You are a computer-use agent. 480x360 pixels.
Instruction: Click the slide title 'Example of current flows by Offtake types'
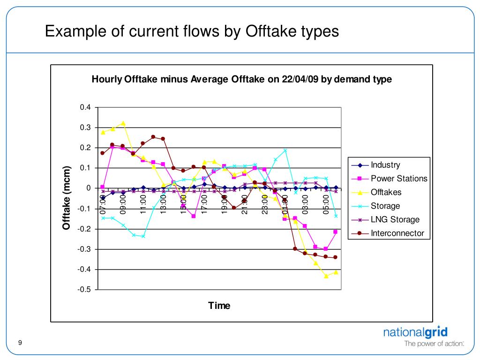tap(192, 31)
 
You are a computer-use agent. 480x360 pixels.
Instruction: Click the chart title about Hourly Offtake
tap(241, 79)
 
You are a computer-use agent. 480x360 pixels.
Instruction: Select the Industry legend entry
tap(385, 165)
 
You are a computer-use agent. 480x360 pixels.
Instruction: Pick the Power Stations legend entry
tap(399, 179)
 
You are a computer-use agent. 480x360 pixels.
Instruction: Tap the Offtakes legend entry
tap(386, 192)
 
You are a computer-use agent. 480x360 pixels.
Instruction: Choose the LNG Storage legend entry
tap(395, 219)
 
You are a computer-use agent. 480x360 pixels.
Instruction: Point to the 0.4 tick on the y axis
tap(85, 107)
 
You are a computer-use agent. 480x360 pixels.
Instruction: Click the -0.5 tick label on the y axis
tap(84, 290)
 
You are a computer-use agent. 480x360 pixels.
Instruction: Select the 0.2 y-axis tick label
tap(85, 148)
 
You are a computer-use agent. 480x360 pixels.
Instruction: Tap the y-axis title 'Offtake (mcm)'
tap(67, 198)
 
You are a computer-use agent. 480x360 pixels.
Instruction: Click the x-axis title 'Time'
tap(219, 306)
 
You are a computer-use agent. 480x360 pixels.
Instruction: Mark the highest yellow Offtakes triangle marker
tap(123, 123)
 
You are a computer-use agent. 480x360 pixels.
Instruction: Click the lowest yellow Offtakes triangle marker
tap(326, 276)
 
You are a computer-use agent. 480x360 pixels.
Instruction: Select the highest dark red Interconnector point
tap(153, 137)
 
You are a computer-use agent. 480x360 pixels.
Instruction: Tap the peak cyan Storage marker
tap(285, 150)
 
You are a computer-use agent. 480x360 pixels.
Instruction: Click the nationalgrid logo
tap(416, 333)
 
